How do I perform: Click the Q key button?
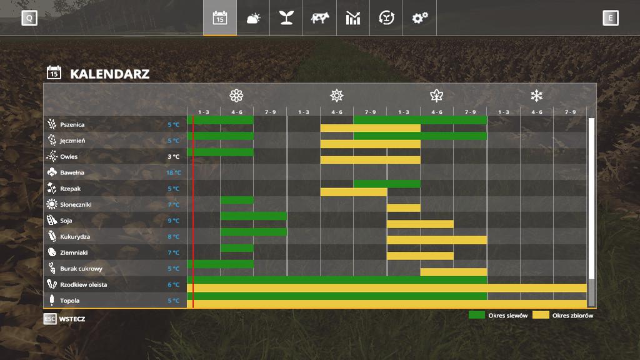(x=29, y=18)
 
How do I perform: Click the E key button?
(x=611, y=18)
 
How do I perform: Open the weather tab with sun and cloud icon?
(x=253, y=18)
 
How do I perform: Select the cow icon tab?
(x=319, y=18)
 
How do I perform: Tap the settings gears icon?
(x=419, y=18)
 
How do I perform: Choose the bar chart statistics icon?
(x=353, y=18)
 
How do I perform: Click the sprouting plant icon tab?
(x=286, y=18)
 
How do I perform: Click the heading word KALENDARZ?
(x=109, y=74)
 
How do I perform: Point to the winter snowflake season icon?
(x=536, y=96)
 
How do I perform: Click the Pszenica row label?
(x=72, y=124)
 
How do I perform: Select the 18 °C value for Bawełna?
(x=173, y=172)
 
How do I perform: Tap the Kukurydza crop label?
(x=75, y=237)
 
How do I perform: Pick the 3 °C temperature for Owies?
(x=173, y=157)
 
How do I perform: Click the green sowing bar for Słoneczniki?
(x=237, y=200)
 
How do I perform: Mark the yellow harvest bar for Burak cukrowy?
(x=453, y=272)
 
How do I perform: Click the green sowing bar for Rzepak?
(x=387, y=184)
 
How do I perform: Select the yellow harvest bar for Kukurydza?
(x=436, y=240)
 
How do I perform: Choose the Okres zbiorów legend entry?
(x=563, y=316)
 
